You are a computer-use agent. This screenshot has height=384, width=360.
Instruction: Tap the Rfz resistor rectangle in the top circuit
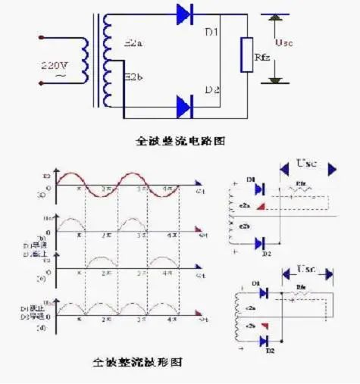[x=246, y=55]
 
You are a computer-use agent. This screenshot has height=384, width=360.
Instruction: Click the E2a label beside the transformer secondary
[x=133, y=45]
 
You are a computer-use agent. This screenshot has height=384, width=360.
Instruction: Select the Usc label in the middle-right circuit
[x=307, y=163]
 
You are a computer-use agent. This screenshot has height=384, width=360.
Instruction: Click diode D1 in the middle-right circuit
[x=258, y=189]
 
